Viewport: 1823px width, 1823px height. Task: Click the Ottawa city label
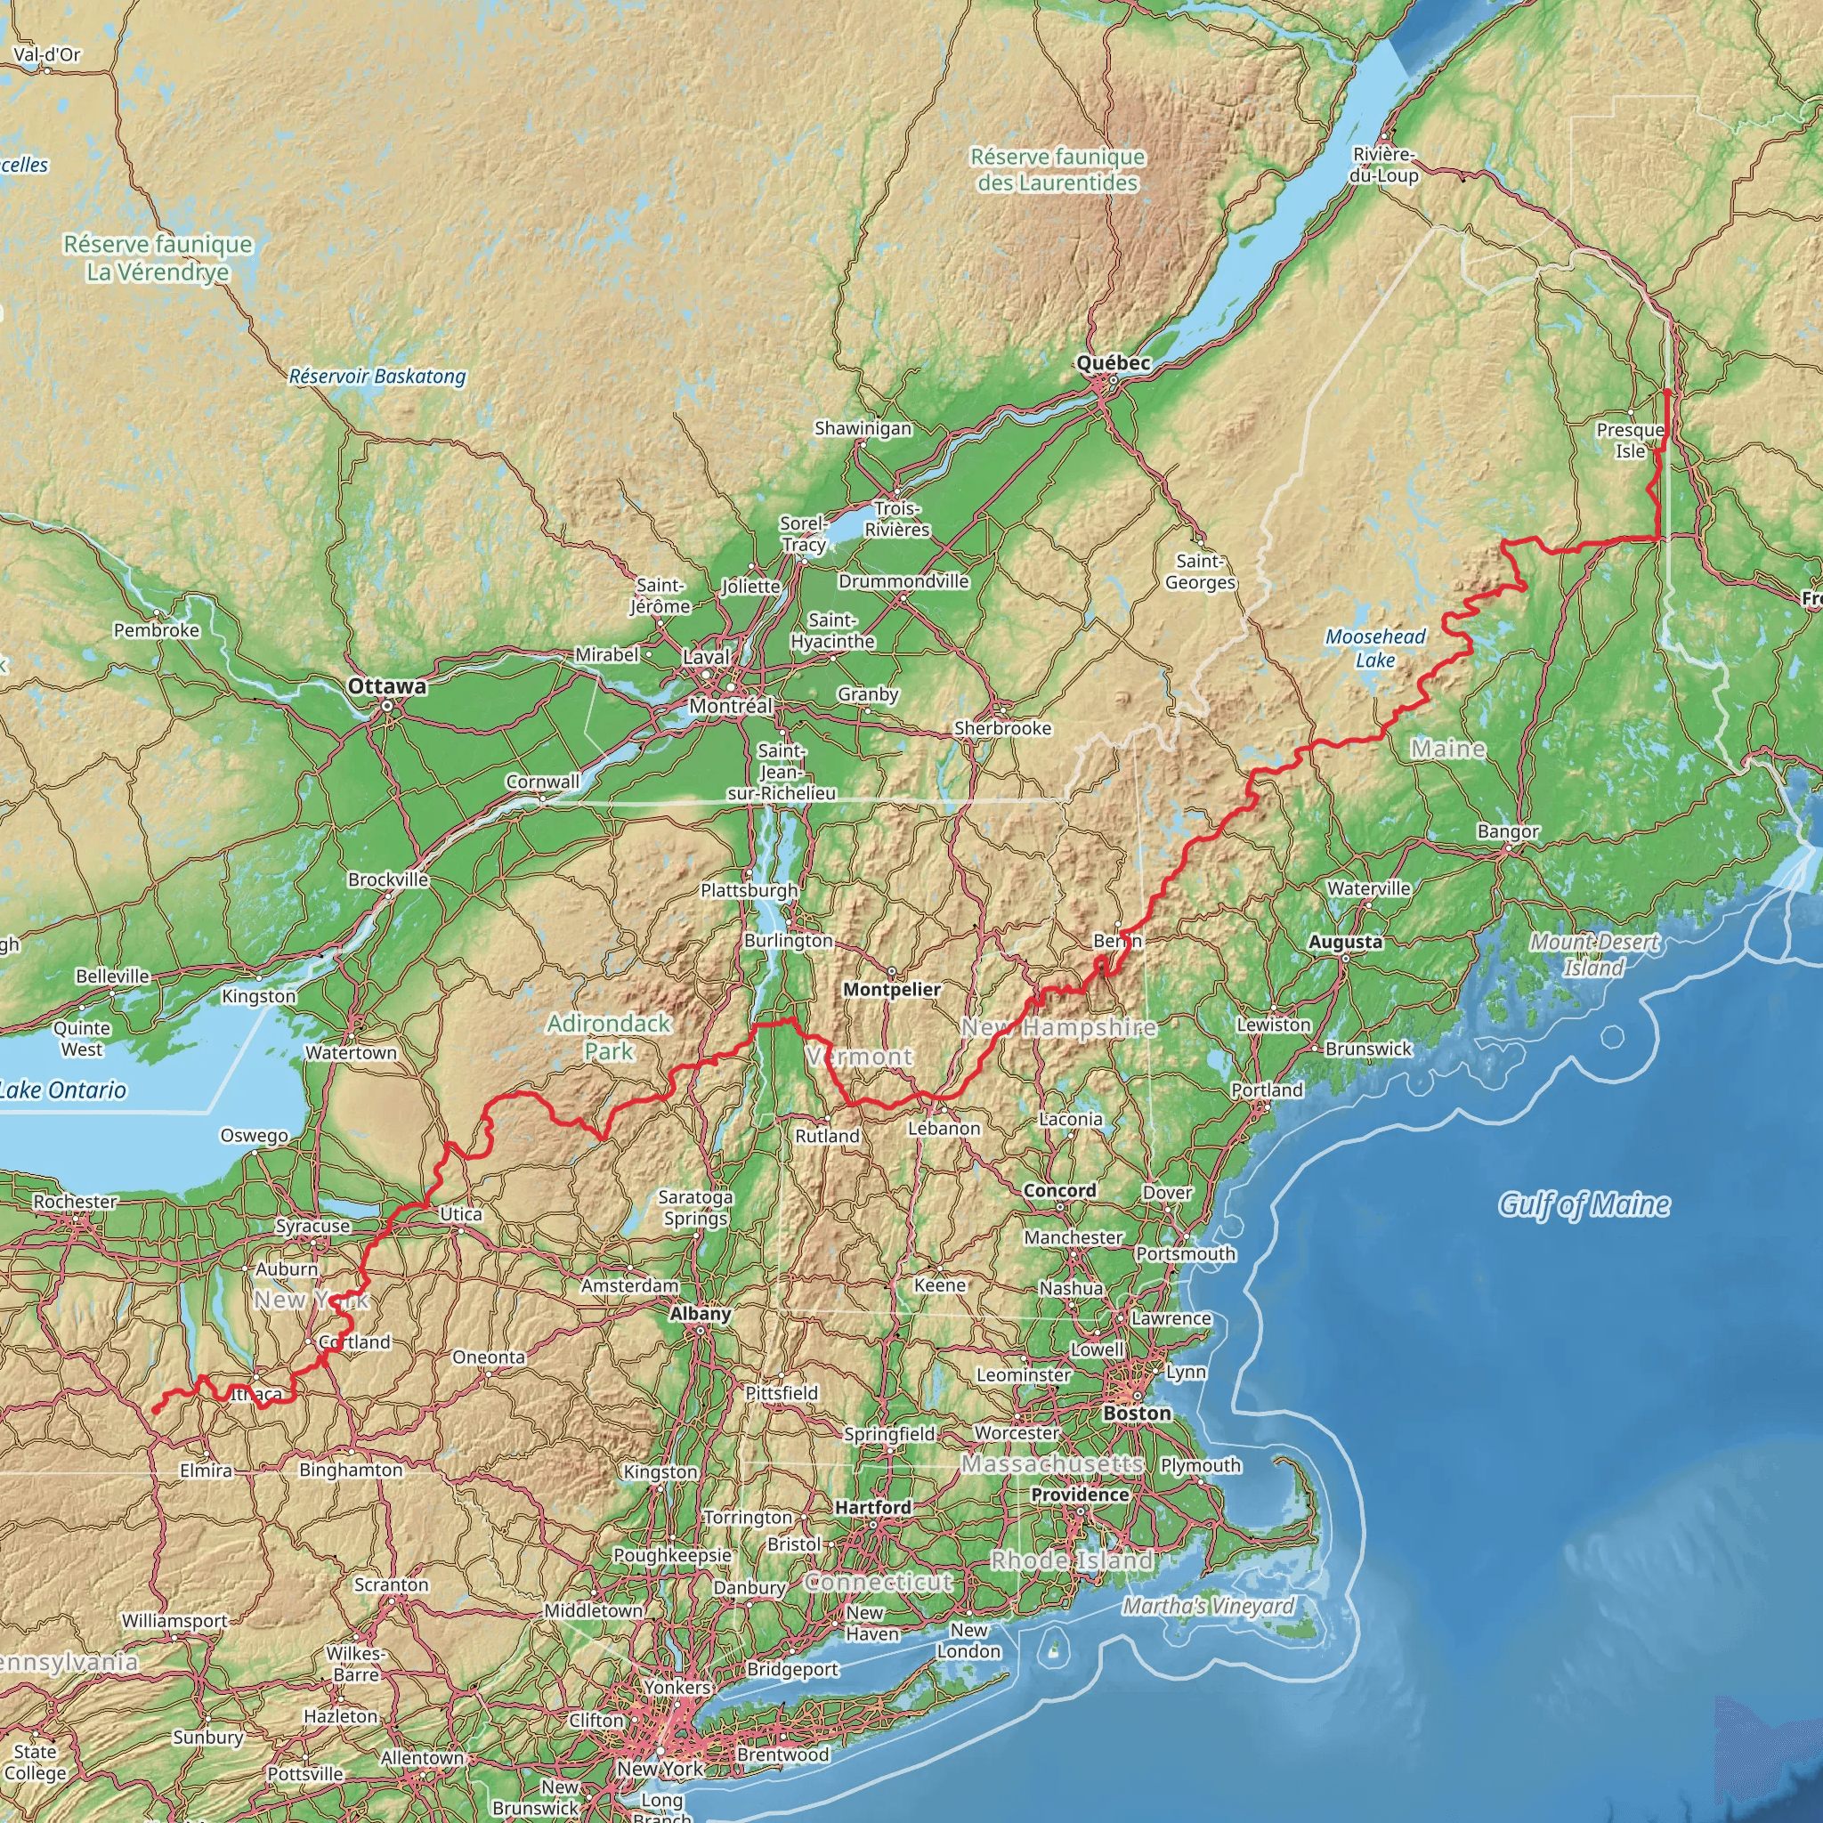coord(387,686)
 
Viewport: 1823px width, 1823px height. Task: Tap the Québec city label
coord(1114,363)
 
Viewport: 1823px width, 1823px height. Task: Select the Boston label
coord(1137,1413)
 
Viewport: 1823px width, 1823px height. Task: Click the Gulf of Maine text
coord(1584,1205)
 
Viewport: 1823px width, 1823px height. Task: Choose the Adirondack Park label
coord(609,1037)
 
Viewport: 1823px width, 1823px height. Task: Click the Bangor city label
coord(1508,831)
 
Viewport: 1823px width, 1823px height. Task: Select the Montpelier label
coord(892,989)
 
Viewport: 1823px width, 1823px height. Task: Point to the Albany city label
coord(701,1314)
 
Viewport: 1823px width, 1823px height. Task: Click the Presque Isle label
coord(1630,441)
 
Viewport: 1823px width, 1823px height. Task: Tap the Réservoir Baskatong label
coord(377,377)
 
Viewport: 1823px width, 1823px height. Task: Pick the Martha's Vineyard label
coord(1209,1606)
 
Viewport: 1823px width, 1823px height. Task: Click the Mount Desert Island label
coord(1594,954)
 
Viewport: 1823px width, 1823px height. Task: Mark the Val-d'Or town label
coord(47,54)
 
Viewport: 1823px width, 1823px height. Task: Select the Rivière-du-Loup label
coord(1384,166)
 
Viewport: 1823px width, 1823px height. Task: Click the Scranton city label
coord(392,1584)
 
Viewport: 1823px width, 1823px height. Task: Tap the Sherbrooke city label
coord(1002,728)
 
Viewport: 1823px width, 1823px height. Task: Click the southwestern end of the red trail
coord(155,1411)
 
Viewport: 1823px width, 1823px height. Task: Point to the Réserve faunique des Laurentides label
coord(1057,170)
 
